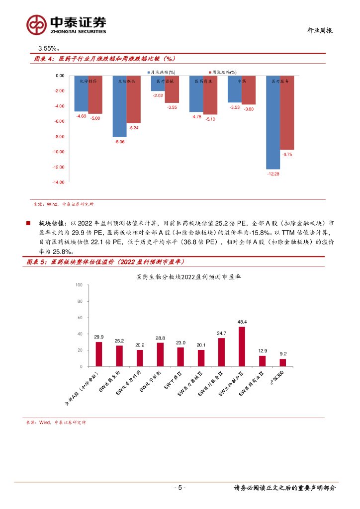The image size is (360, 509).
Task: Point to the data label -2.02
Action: coord(158,95)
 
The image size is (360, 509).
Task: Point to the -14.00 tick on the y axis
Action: coord(60,182)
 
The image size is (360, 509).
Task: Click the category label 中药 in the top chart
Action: coord(242,81)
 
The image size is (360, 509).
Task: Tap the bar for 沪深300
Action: coord(283,362)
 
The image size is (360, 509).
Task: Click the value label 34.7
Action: coord(222,333)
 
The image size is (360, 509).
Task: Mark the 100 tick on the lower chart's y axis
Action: coord(79,285)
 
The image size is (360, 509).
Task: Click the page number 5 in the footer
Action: coord(180,488)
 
